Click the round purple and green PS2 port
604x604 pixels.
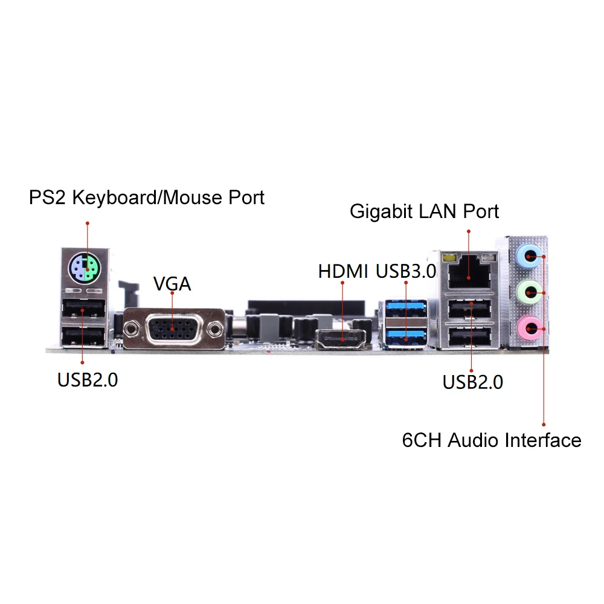click(x=85, y=268)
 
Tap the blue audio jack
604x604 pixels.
click(x=529, y=255)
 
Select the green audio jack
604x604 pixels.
click(x=529, y=292)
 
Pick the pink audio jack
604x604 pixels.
click(x=529, y=328)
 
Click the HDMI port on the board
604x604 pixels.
click(x=341, y=339)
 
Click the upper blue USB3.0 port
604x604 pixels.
click(x=406, y=309)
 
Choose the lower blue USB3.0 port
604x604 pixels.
click(x=406, y=338)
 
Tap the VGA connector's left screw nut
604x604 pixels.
click(x=132, y=329)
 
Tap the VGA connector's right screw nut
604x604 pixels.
click(x=214, y=329)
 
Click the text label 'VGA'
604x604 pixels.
click(x=172, y=284)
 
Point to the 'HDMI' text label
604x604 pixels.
click(x=343, y=271)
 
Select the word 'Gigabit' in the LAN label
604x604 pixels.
click(x=381, y=212)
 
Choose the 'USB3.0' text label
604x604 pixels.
click(x=406, y=271)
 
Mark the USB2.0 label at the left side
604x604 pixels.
click(x=88, y=380)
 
